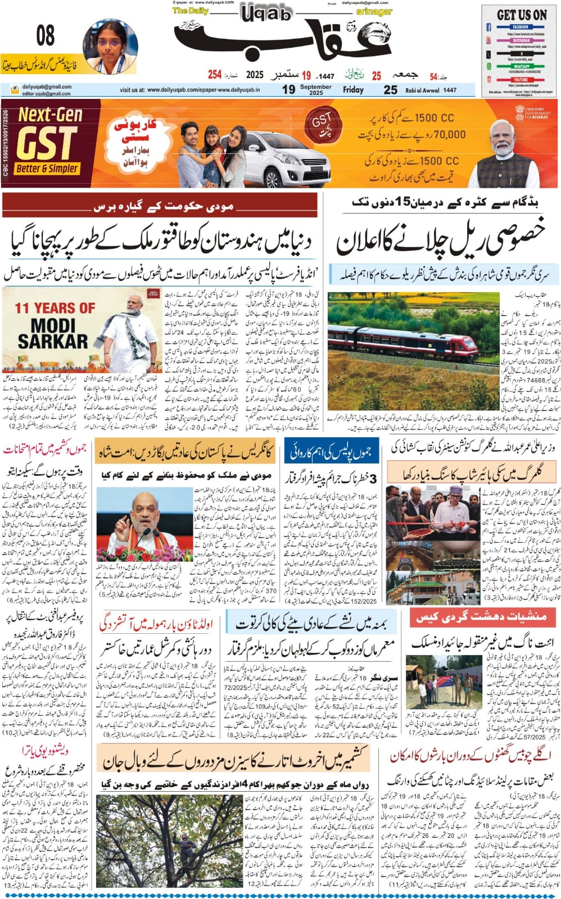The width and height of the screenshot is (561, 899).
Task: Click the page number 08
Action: [x=46, y=36]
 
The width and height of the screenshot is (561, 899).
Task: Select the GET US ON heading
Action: [x=521, y=15]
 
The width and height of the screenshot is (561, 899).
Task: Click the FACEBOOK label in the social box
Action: [x=520, y=26]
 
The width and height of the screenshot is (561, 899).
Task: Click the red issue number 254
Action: [x=214, y=75]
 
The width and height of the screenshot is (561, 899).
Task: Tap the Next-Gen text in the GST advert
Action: [x=50, y=115]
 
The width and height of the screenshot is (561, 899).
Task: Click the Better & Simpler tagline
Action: [x=47, y=169]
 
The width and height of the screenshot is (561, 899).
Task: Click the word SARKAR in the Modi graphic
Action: [x=52, y=341]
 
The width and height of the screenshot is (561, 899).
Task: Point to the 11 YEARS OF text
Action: [x=55, y=308]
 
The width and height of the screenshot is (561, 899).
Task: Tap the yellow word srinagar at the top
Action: [x=374, y=11]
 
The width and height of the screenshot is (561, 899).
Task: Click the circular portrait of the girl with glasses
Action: [x=110, y=46]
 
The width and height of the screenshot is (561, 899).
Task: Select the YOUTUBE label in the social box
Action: [x=520, y=80]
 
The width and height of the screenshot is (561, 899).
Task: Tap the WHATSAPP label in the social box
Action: [x=520, y=66]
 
